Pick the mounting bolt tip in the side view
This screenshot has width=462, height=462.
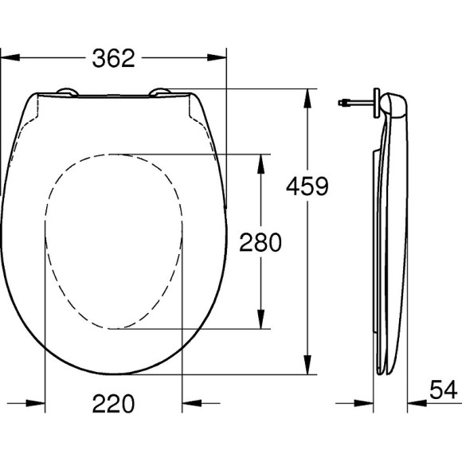click(x=341, y=103)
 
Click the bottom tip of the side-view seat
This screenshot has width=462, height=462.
click(x=381, y=370)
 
